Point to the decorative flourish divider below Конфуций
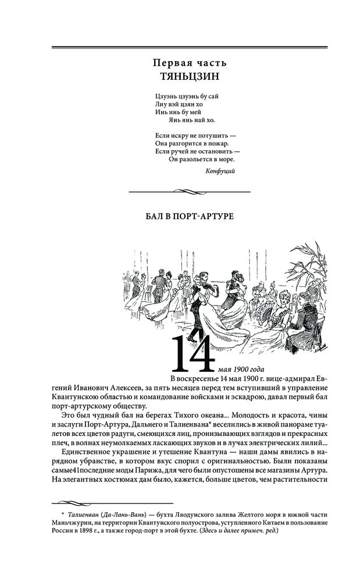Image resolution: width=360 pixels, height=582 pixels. pyautogui.click(x=189, y=190)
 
